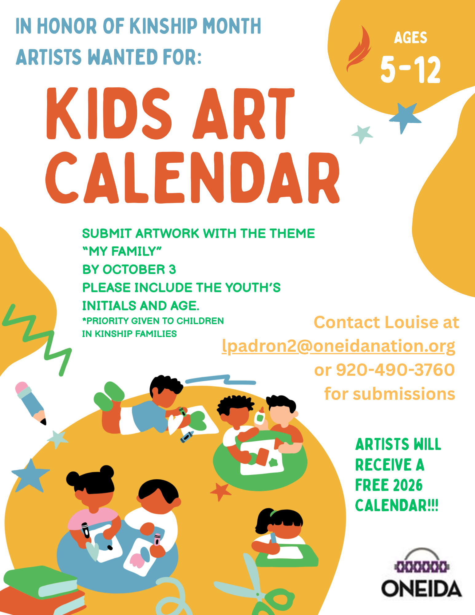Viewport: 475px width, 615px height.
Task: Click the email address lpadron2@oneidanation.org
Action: click(x=338, y=346)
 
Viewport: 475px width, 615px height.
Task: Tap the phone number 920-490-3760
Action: click(x=395, y=370)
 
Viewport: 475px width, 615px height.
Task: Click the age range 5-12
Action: click(x=411, y=70)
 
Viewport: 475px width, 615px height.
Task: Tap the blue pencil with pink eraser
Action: click(x=30, y=403)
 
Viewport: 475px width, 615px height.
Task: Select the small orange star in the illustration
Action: click(x=220, y=491)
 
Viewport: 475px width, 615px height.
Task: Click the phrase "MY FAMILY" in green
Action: click(x=122, y=252)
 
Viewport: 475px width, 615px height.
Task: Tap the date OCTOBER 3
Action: click(x=139, y=269)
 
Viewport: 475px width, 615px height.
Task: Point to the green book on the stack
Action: click(x=40, y=582)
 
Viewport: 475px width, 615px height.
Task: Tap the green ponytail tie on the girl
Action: click(x=273, y=513)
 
